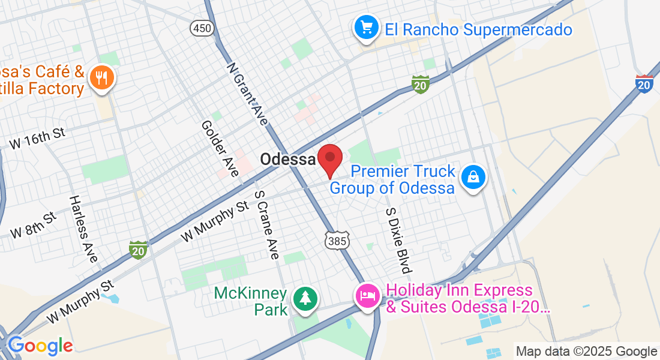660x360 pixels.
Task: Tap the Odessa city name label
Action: coord(288,160)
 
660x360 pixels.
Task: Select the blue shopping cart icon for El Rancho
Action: coord(366,28)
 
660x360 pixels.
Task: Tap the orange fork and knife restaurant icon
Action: coord(101,78)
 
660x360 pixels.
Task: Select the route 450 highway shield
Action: coord(202,28)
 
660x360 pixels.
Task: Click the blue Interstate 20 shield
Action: coord(644,84)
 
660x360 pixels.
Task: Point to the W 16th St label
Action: coord(37,138)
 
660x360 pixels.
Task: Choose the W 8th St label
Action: coord(34,224)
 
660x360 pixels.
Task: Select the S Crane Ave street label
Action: coord(267,224)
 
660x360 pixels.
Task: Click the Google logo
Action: coord(40,346)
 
